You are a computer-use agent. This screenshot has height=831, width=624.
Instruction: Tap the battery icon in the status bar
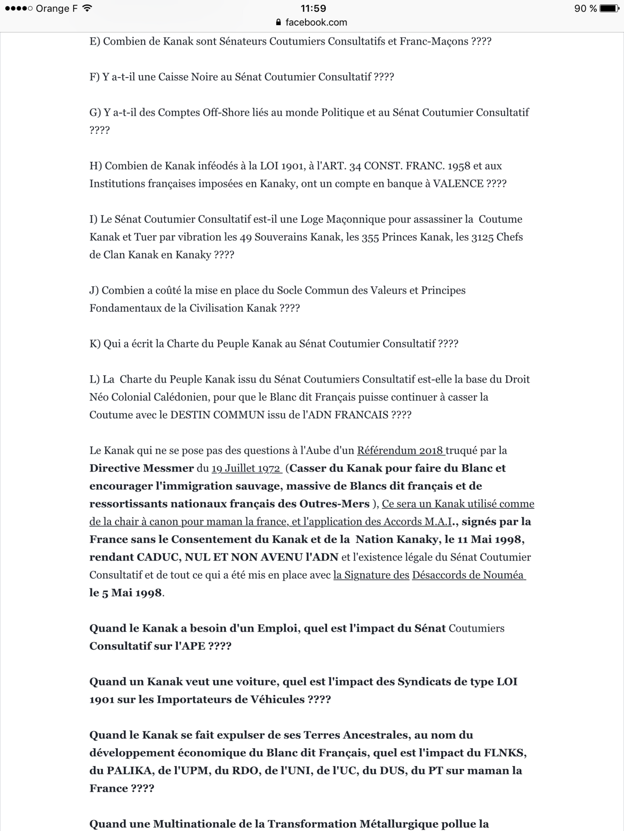pos(609,8)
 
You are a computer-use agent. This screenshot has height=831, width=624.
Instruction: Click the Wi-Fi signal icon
pos(87,8)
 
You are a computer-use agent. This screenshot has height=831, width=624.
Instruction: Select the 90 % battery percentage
pos(585,8)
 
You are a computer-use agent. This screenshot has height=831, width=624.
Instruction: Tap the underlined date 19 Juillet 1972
pos(246,468)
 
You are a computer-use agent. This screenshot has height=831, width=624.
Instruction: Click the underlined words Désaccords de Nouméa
pos(468,575)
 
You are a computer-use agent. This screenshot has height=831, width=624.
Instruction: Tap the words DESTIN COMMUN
pos(217,415)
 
